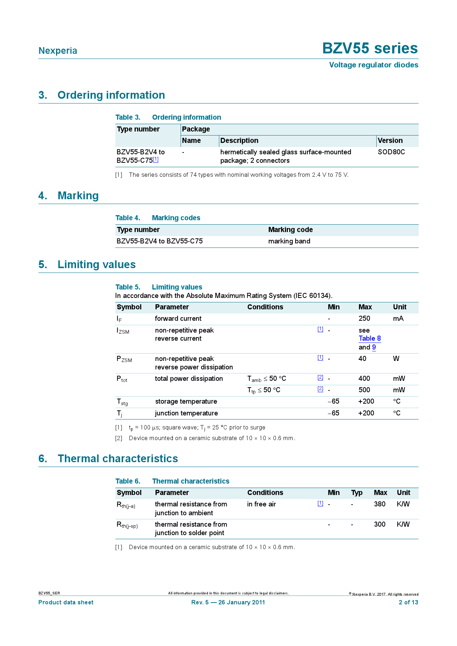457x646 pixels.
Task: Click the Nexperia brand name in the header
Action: (x=58, y=51)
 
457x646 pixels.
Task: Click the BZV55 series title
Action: (x=370, y=49)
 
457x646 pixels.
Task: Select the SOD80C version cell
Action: (x=391, y=152)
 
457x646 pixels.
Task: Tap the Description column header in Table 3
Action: (x=239, y=141)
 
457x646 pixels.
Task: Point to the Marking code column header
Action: (x=290, y=230)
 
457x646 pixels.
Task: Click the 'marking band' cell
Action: (x=289, y=241)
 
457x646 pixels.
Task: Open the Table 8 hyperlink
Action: (x=370, y=338)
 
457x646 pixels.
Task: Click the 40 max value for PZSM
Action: (x=362, y=359)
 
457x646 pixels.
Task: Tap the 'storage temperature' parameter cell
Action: (x=186, y=401)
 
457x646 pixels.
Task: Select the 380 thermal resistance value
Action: (x=380, y=504)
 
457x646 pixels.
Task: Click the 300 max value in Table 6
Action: (x=380, y=524)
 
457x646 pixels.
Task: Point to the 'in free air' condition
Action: (x=261, y=504)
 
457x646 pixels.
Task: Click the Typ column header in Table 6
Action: (x=357, y=493)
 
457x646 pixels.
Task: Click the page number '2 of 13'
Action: (x=408, y=603)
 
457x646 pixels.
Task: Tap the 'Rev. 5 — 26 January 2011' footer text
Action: (x=228, y=603)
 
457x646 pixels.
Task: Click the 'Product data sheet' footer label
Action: (x=66, y=603)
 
